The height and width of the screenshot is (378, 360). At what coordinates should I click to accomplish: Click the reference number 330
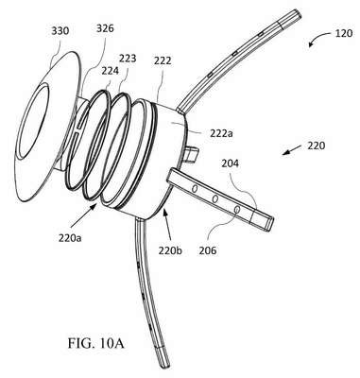[x=60, y=32]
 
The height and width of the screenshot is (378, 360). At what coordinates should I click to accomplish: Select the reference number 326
[x=105, y=28]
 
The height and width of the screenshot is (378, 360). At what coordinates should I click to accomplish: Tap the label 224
[x=110, y=71]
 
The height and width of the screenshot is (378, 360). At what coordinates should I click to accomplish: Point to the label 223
[x=128, y=59]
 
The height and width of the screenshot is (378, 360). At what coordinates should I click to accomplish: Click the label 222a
[x=221, y=133]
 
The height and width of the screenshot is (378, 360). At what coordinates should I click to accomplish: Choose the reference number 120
[x=344, y=33]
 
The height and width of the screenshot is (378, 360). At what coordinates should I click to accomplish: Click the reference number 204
[x=230, y=163]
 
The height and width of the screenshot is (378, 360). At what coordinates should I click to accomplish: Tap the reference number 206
[x=208, y=250]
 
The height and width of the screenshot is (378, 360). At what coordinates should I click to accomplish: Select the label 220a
[x=70, y=238]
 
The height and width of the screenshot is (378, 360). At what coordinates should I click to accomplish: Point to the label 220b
[x=170, y=250]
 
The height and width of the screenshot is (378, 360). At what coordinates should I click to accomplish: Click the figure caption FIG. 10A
[x=96, y=343]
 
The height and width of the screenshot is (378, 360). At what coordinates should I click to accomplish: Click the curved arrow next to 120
[x=318, y=37]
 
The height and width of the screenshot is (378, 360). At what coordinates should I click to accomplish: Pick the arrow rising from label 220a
[x=83, y=215]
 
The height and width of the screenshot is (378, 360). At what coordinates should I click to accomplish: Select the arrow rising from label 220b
[x=168, y=226]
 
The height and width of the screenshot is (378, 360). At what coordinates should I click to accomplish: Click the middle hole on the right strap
[x=215, y=198]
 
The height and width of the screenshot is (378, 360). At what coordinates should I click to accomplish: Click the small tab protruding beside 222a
[x=191, y=155]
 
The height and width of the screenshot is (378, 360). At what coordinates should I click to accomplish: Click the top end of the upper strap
[x=297, y=13]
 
